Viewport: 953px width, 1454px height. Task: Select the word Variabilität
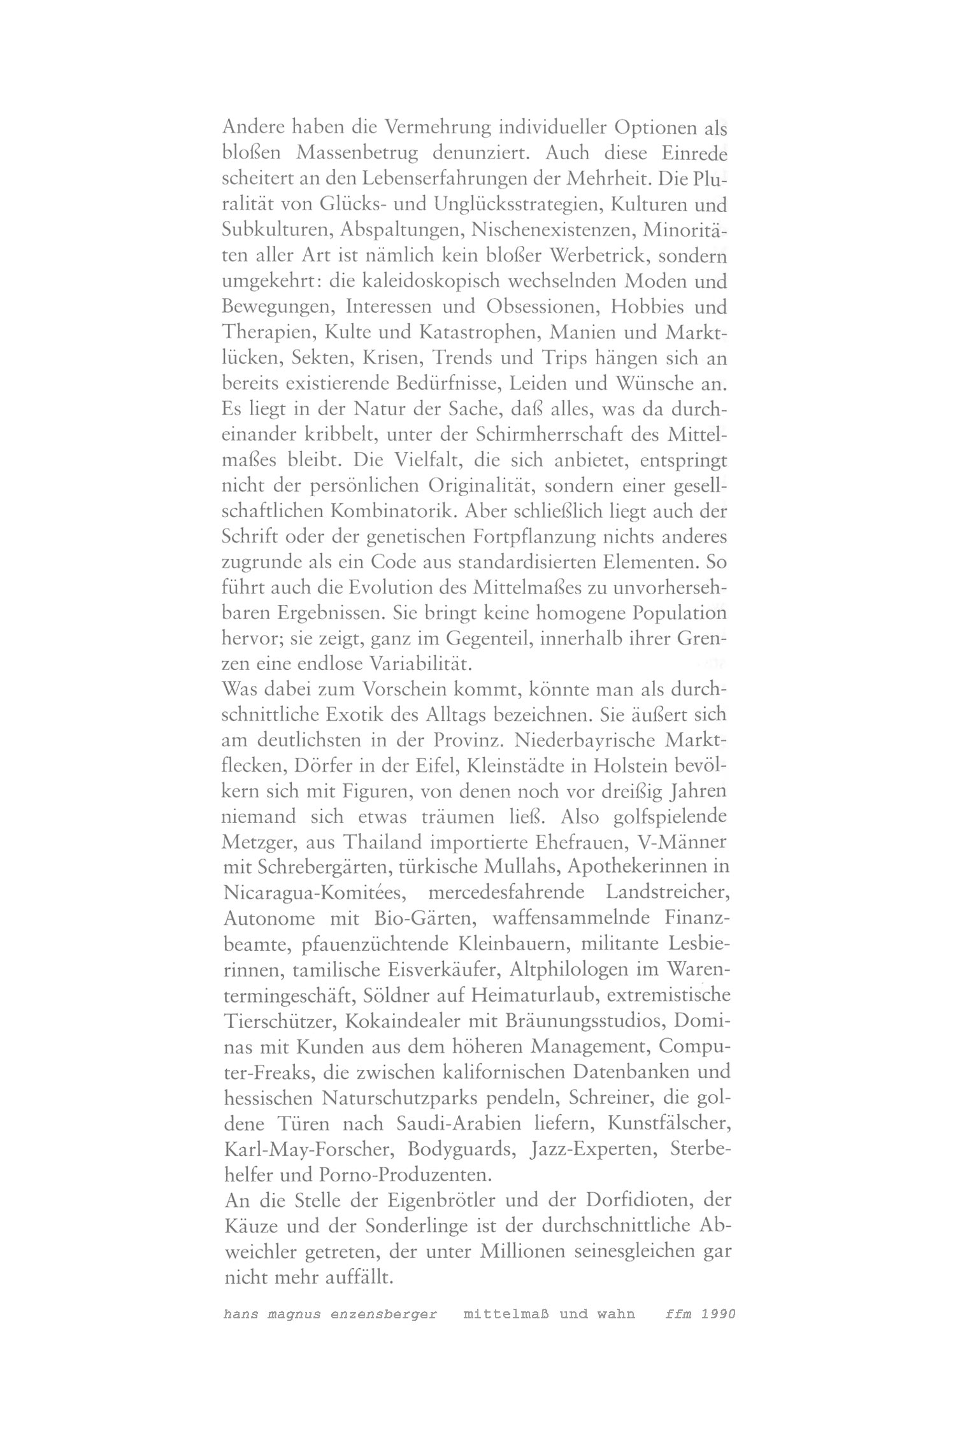(x=419, y=665)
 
